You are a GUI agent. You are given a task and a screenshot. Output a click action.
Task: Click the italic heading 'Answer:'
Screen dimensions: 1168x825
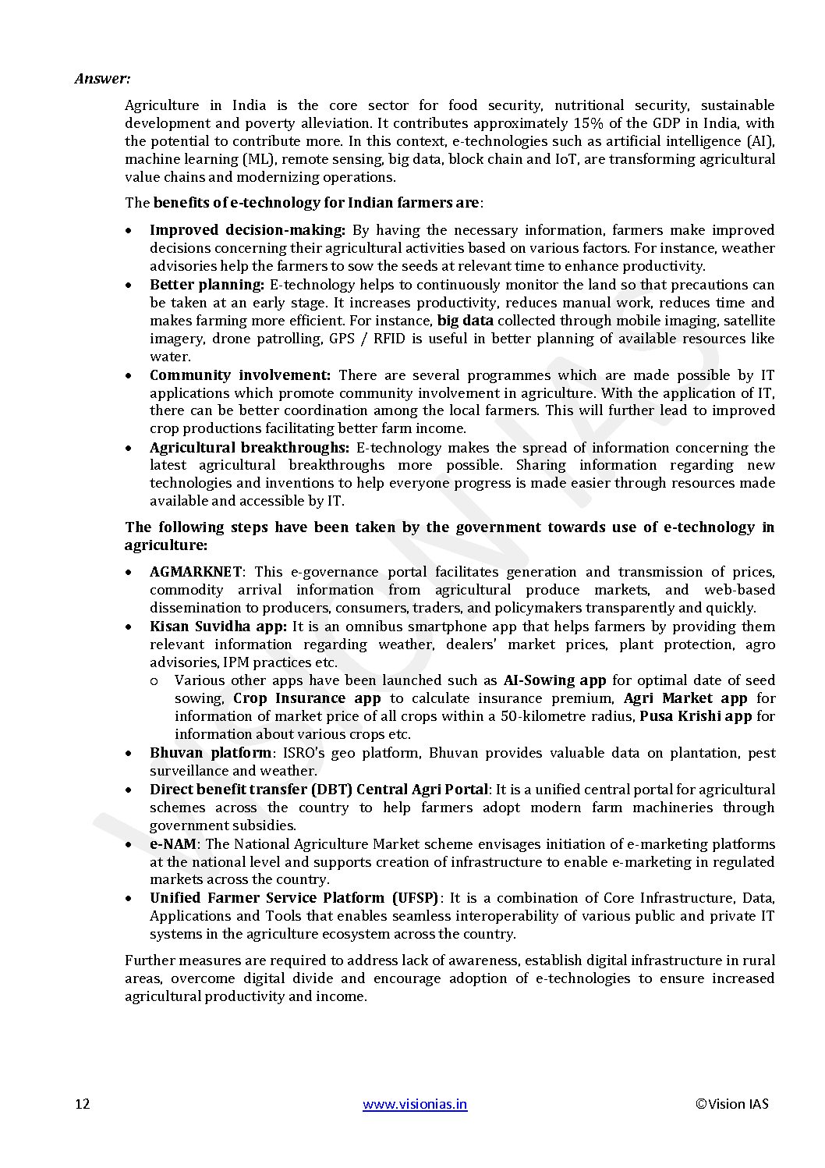[x=102, y=79]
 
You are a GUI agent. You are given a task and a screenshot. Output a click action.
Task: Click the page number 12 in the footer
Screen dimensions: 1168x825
[x=82, y=1103]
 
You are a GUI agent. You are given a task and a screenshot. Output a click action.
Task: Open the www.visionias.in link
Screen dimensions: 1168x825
[x=415, y=1103]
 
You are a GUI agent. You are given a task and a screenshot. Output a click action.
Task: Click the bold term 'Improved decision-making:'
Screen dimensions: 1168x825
[x=247, y=230]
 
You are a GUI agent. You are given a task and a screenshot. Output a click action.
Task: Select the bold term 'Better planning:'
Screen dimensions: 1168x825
[x=207, y=285]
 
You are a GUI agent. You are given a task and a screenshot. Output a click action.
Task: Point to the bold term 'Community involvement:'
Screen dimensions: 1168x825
[x=240, y=375]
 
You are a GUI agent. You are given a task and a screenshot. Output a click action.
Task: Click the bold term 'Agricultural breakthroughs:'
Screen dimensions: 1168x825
[x=249, y=448]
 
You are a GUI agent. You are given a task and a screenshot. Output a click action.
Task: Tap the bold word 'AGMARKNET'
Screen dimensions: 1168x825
[x=196, y=572]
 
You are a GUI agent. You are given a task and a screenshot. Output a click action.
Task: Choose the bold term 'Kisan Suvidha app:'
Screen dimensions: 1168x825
[x=218, y=627]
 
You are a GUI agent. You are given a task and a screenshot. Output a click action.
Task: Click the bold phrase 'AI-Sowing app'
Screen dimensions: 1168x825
[x=554, y=680]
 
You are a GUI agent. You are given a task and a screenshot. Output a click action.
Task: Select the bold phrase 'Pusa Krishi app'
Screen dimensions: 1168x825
[x=696, y=716]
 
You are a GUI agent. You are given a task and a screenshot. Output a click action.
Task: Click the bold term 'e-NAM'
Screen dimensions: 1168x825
[x=173, y=844]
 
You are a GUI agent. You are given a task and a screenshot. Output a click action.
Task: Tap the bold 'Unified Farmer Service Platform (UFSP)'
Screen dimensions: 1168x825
[x=294, y=898]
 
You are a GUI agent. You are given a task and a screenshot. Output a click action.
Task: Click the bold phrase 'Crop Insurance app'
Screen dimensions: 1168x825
[x=307, y=698]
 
